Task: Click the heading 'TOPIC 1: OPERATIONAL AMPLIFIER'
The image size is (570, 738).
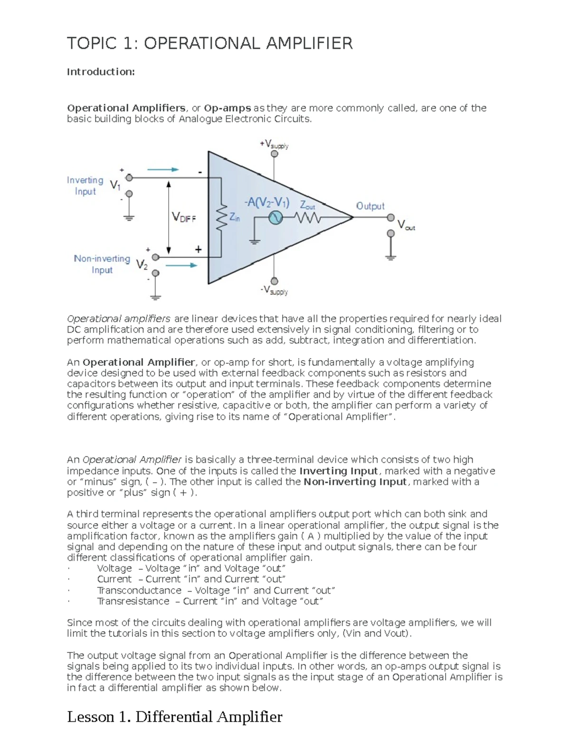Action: [x=209, y=43]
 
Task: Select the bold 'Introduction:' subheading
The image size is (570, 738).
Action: [x=101, y=72]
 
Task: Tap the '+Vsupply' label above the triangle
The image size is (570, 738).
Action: [x=274, y=144]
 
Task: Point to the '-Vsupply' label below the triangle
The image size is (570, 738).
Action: [x=274, y=290]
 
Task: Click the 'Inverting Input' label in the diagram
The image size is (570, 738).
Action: [x=85, y=186]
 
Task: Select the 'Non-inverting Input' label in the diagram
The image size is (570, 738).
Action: [x=102, y=264]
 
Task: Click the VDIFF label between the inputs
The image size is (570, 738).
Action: [x=183, y=218]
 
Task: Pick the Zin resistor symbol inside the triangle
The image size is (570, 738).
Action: [x=220, y=218]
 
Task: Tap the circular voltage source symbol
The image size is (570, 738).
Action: [x=275, y=218]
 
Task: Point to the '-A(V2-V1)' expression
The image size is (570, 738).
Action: [x=266, y=202]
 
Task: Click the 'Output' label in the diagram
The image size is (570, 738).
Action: [x=370, y=206]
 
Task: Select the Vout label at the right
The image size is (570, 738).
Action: [x=406, y=225]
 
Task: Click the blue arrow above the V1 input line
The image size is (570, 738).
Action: [x=163, y=169]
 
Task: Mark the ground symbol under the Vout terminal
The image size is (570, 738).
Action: [x=390, y=257]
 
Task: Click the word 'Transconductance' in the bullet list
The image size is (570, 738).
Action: [x=139, y=590]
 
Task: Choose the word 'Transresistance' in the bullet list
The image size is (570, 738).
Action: [x=133, y=601]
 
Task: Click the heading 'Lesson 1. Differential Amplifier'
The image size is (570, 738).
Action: [x=174, y=717]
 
